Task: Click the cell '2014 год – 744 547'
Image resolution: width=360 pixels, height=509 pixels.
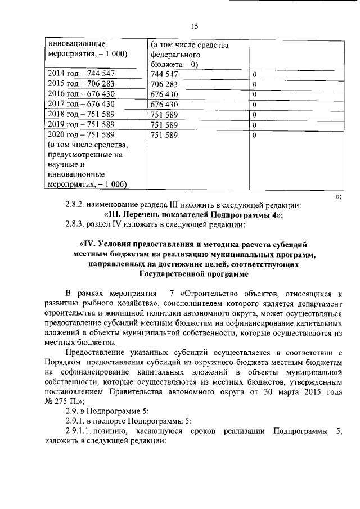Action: [82, 74]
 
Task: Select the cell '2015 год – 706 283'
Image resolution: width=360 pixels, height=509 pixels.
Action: [82, 84]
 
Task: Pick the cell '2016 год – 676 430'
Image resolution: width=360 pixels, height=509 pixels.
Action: [82, 94]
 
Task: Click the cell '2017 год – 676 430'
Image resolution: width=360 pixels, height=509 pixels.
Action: [82, 104]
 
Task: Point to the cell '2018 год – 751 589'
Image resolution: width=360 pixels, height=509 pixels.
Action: [82, 114]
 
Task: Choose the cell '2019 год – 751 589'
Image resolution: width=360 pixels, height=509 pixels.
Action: [82, 124]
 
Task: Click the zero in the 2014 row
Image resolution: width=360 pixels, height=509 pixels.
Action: [254, 74]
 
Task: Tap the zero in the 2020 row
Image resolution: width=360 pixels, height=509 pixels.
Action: [254, 135]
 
